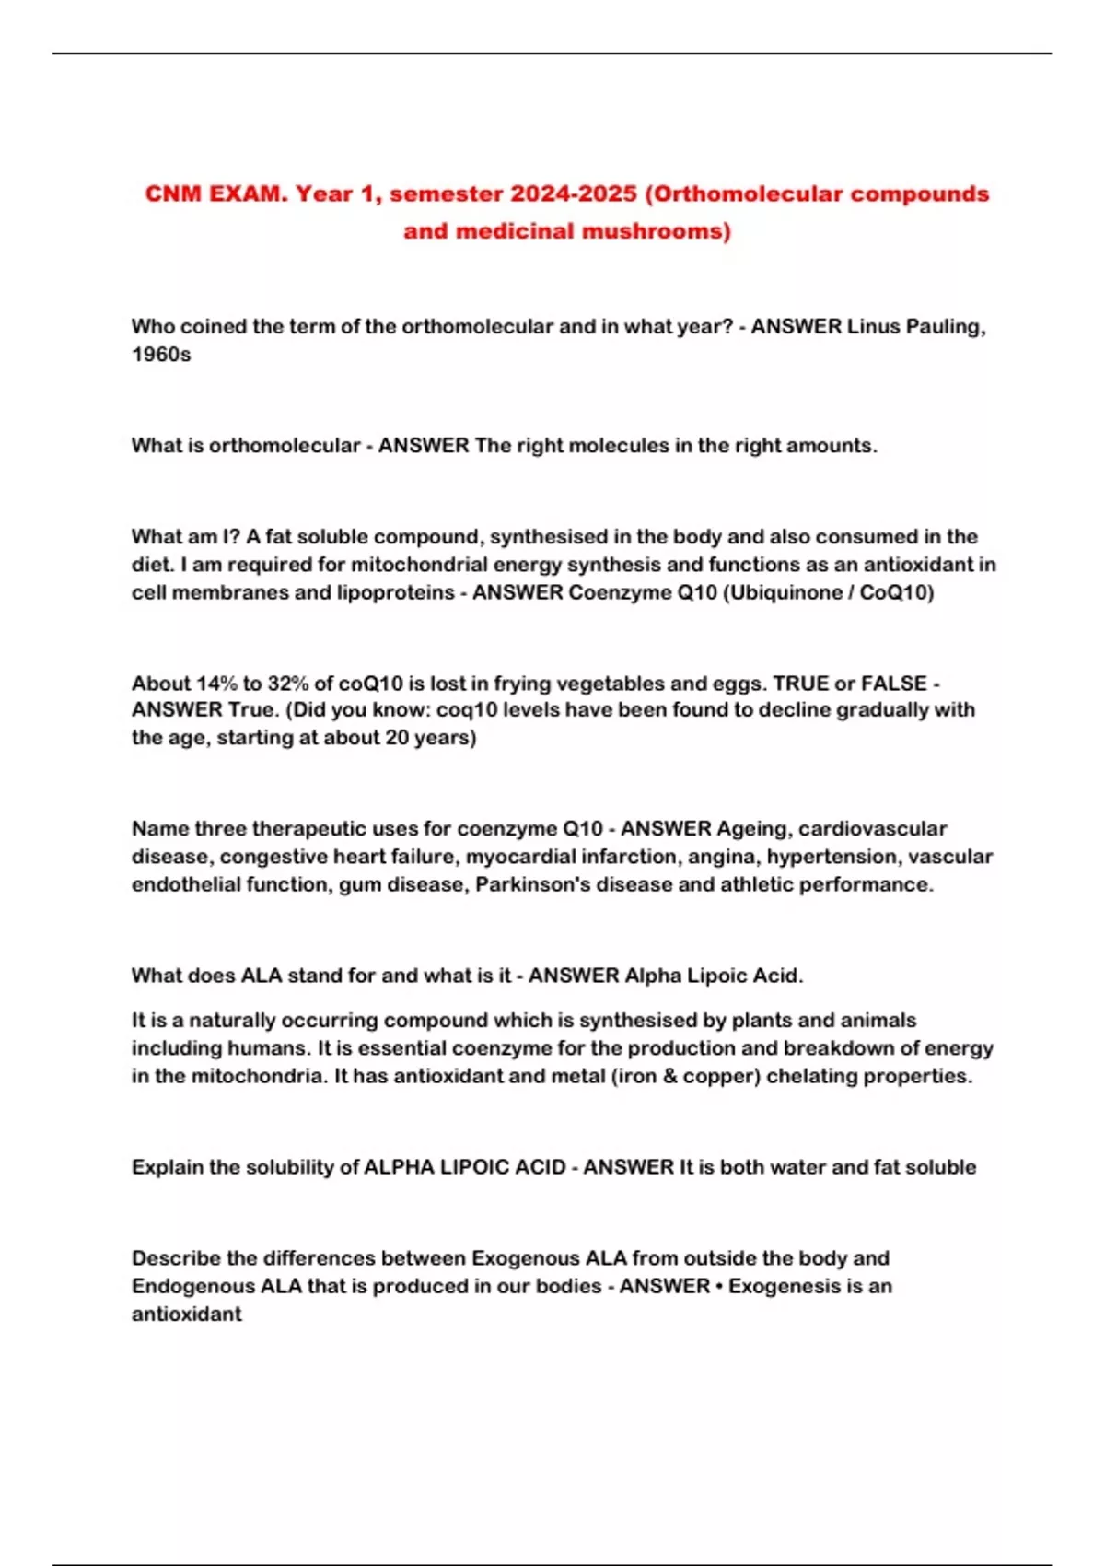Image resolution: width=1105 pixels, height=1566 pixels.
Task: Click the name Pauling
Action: [946, 326]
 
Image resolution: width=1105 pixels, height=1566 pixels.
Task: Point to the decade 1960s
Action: [161, 355]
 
